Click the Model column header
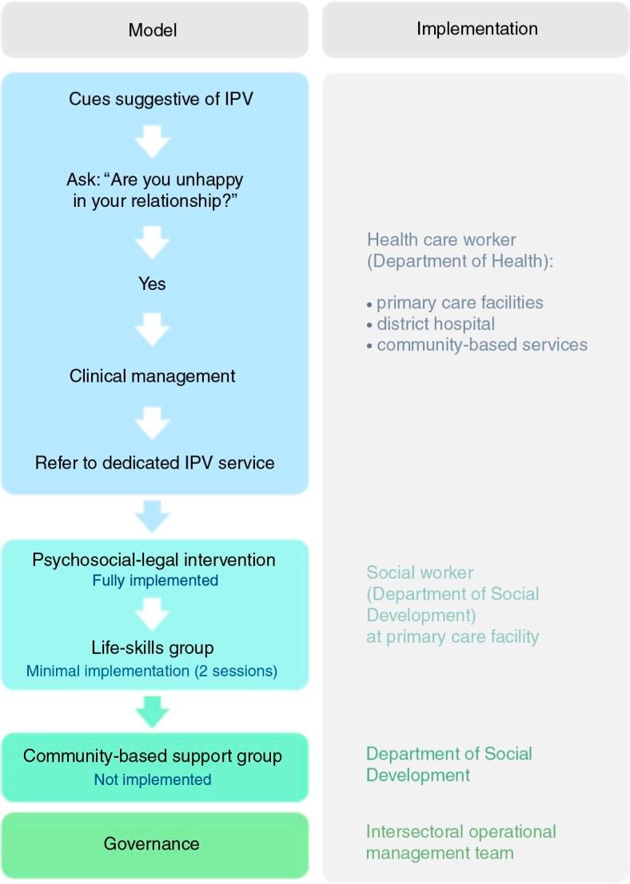(153, 30)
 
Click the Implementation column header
(476, 29)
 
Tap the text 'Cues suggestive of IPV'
(152, 99)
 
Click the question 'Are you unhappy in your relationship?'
(152, 190)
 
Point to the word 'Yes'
(152, 283)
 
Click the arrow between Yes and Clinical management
(152, 328)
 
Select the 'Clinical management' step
(152, 375)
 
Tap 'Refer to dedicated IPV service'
(154, 462)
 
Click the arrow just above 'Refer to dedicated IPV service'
(152, 422)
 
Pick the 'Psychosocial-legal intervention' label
(154, 560)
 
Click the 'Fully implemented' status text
(155, 581)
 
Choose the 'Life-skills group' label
(152, 648)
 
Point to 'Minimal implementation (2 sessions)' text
(152, 671)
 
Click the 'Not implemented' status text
(153, 779)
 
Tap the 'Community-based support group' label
(153, 755)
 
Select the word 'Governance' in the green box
(152, 844)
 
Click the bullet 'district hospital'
(436, 324)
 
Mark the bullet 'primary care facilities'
(460, 303)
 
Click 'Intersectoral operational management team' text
(461, 842)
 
